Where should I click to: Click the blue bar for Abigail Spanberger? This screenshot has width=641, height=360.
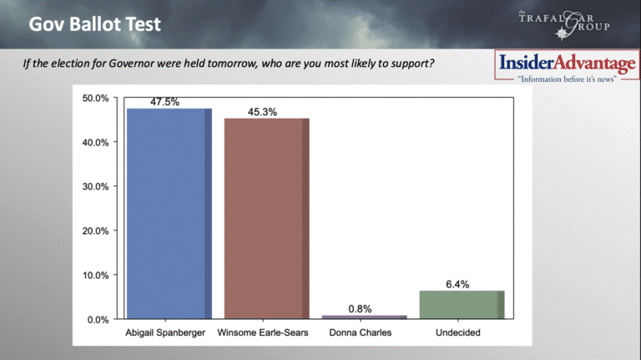169,214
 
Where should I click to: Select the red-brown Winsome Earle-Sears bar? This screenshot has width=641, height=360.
266,219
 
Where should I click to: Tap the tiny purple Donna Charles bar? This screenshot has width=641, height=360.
364,317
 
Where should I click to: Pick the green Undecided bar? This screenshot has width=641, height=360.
462,305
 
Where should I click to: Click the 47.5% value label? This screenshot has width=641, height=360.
164,102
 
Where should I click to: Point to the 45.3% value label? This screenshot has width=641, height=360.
262,112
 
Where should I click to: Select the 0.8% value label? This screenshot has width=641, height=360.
361,309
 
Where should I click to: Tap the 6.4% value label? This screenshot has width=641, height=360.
457,284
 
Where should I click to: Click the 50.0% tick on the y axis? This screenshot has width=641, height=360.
96,99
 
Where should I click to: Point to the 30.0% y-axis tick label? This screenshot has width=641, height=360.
96,186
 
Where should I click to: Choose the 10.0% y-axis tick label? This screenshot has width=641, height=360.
96,276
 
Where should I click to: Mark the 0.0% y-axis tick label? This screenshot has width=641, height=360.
98,320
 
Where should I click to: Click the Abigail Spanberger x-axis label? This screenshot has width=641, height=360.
165,332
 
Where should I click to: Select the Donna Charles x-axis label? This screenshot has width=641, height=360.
361,332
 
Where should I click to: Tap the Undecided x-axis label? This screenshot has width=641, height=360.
458,332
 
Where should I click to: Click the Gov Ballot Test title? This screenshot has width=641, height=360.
95,24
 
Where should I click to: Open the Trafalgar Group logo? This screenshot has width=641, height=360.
564,24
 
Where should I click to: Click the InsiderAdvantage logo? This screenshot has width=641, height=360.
567,65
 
